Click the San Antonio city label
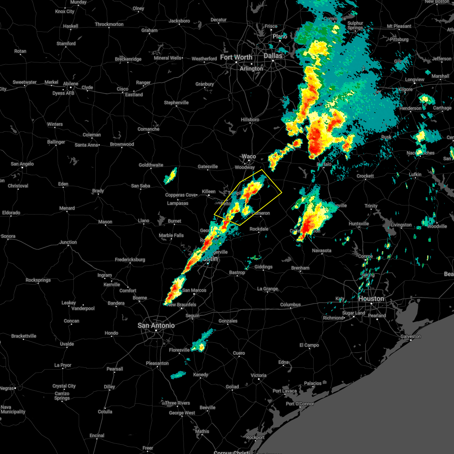pyautogui.click(x=156, y=325)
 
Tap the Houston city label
pyautogui.click(x=371, y=299)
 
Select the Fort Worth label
pyautogui.click(x=236, y=57)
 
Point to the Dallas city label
pyautogui.click(x=273, y=56)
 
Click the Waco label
pyautogui.click(x=249, y=156)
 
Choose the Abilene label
pyautogui.click(x=71, y=84)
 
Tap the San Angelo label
pyautogui.click(x=22, y=164)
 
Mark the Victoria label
pyautogui.click(x=258, y=375)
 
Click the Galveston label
pyautogui.click(x=410, y=336)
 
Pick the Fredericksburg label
pyautogui.click(x=130, y=260)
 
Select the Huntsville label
pyautogui.click(x=359, y=224)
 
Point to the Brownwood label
pyautogui.click(x=122, y=144)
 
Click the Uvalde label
pyautogui.click(x=67, y=344)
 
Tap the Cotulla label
pyautogui.click(x=105, y=412)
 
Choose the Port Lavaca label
pyautogui.click(x=285, y=391)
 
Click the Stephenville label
pyautogui.click(x=176, y=103)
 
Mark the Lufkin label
pyautogui.click(x=415, y=174)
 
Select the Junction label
pyautogui.click(x=68, y=242)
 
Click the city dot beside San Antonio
pyautogui.click(x=156, y=331)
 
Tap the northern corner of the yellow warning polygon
pyautogui.click(x=262, y=169)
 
